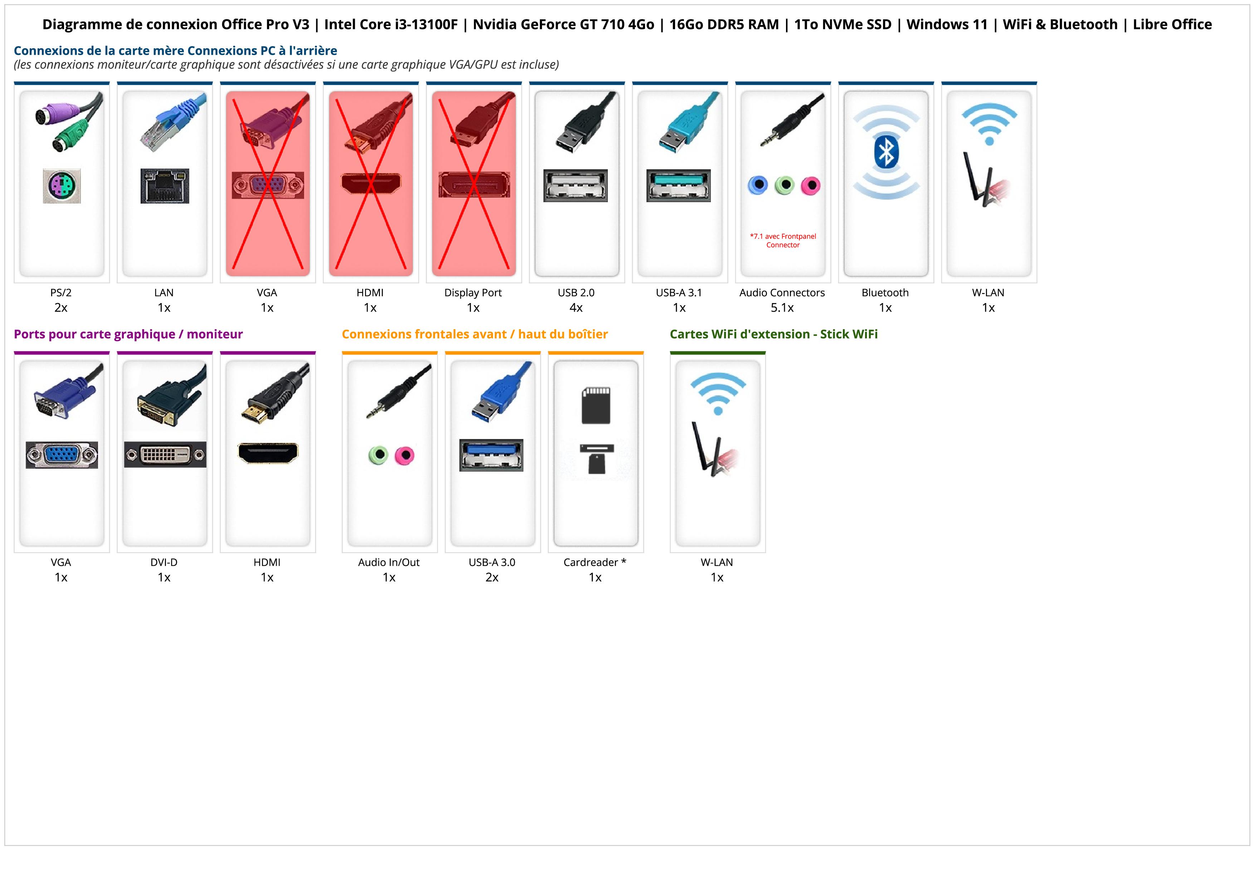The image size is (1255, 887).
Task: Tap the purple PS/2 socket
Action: (x=62, y=186)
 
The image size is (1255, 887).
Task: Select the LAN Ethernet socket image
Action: (x=165, y=186)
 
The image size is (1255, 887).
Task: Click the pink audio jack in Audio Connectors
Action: (x=811, y=185)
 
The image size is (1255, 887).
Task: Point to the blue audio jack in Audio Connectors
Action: (x=758, y=185)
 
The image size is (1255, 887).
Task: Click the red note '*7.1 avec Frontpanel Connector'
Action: (x=783, y=240)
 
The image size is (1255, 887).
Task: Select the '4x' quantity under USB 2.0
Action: (x=576, y=308)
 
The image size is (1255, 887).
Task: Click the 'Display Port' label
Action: (x=473, y=292)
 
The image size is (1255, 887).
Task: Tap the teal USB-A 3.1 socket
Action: (x=678, y=185)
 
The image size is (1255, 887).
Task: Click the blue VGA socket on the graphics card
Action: (x=62, y=455)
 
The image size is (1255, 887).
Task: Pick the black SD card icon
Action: (x=596, y=405)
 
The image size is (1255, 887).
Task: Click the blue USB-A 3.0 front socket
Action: (x=491, y=455)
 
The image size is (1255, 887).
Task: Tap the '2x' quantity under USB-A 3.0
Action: (x=492, y=577)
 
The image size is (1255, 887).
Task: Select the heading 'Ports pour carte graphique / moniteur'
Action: (x=128, y=334)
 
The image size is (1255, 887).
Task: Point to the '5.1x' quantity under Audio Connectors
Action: (x=782, y=308)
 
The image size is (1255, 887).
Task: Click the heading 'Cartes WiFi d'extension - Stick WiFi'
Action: (x=773, y=334)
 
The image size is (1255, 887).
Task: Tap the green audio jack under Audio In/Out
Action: (x=378, y=455)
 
